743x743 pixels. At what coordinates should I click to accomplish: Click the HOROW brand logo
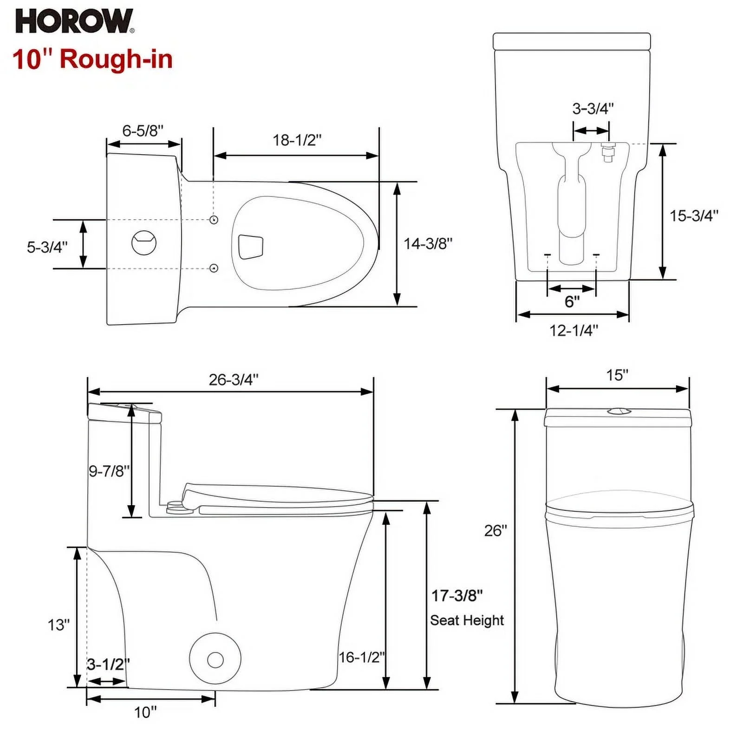pos(75,21)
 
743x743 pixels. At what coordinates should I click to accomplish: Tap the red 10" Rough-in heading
pos(93,59)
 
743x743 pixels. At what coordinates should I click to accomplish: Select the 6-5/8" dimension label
pos(143,130)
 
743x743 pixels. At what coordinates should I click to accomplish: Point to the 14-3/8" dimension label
pos(428,243)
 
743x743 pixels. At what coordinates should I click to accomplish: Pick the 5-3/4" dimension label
pos(47,247)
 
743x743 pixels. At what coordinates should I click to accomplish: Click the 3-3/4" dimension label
pos(593,108)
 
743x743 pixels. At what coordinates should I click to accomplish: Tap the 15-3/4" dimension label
pos(694,215)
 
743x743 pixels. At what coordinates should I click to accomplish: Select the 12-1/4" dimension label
pos(574,330)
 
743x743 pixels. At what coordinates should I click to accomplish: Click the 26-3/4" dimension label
pos(234,379)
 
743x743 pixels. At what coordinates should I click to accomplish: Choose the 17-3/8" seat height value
pos(457,595)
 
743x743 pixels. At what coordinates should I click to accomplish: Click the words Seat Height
pos(467,620)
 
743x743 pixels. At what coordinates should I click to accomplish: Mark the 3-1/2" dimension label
pos(109,664)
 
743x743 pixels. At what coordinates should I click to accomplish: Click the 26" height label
pos(496,530)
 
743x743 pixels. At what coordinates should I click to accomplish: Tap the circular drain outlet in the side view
pos(215,659)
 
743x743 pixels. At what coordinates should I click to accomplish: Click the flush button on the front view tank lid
pos(617,411)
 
